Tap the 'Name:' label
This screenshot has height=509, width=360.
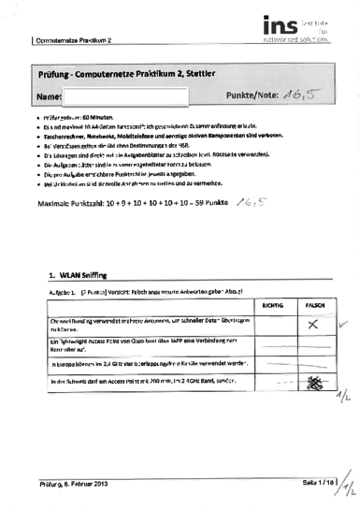(x=49, y=96)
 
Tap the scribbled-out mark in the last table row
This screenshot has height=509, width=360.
(x=316, y=384)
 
